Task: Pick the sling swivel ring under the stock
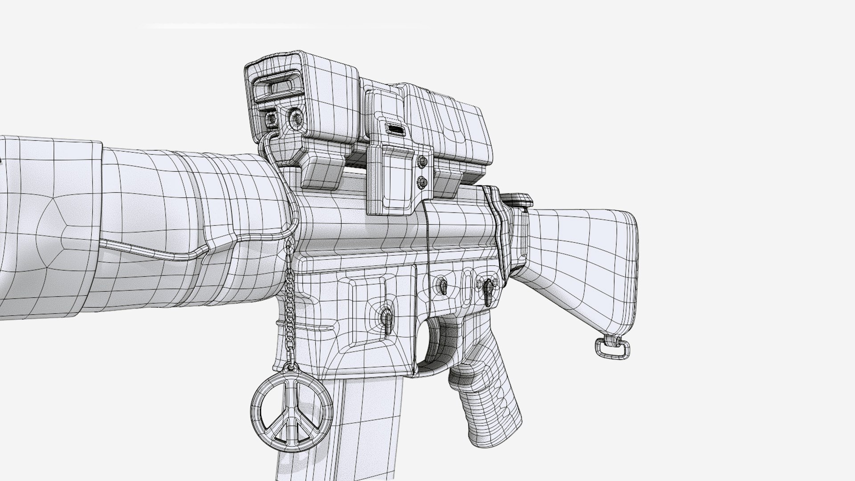[612, 347]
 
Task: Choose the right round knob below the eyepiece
[295, 118]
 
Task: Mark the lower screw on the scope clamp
[421, 182]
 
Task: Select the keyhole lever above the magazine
[386, 318]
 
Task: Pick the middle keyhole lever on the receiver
[443, 285]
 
